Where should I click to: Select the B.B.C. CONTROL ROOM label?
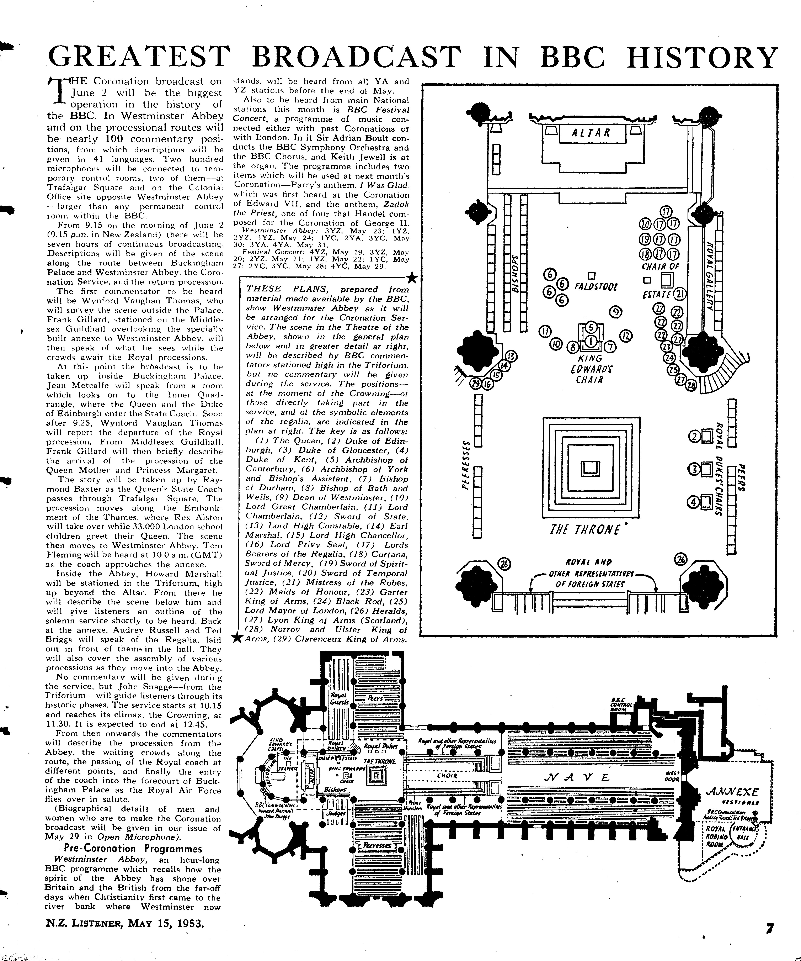click(621, 705)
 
